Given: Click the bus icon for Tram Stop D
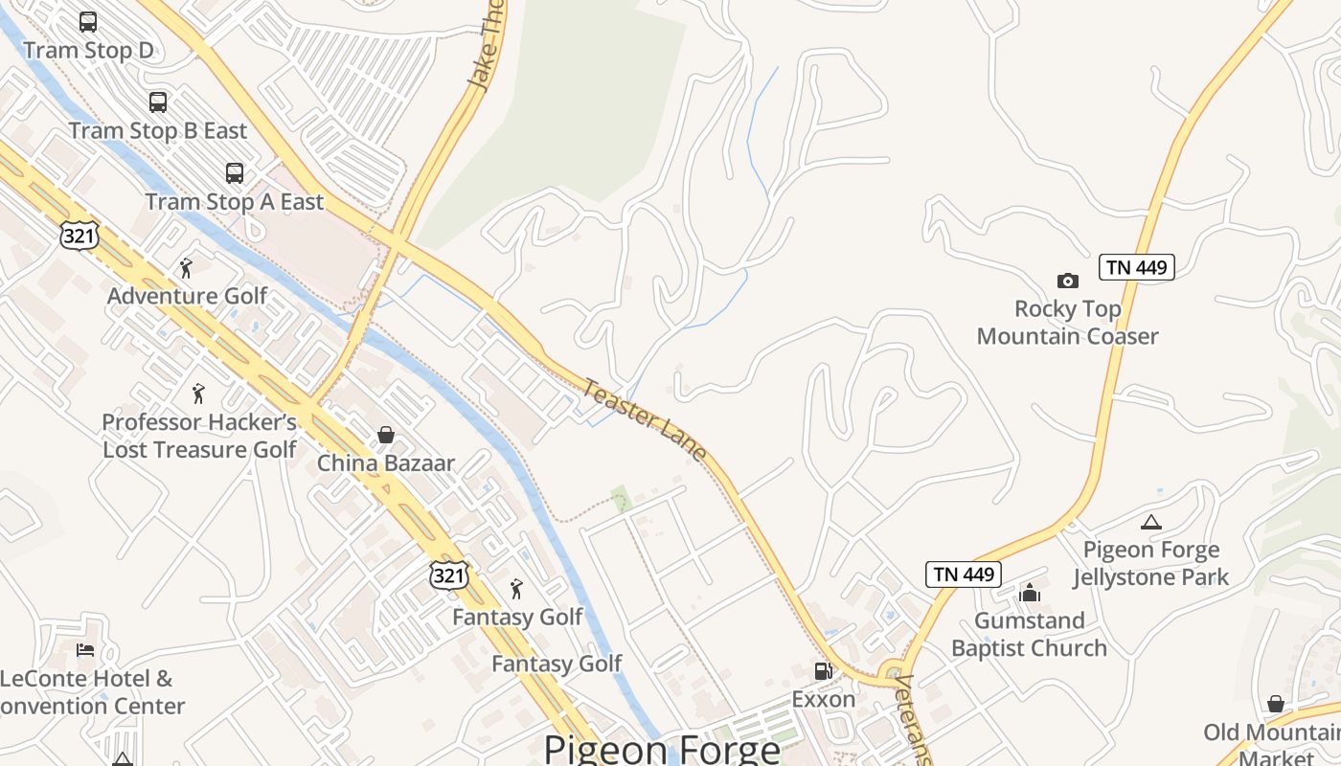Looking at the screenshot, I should tap(88, 21).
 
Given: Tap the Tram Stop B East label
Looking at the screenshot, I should tap(158, 131).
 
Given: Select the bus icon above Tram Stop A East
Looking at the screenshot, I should tap(235, 173).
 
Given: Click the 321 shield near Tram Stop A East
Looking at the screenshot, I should tap(79, 234).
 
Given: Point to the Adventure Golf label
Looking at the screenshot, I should tap(188, 296).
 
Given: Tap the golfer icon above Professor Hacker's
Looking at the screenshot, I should tap(198, 393).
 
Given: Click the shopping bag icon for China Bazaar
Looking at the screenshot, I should tap(386, 436).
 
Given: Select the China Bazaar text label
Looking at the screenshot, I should tap(386, 463).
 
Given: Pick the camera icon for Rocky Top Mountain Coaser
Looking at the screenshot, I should tap(1067, 281).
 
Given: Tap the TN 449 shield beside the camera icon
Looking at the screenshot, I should tap(1136, 267).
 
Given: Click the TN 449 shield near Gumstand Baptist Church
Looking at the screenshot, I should tap(964, 574).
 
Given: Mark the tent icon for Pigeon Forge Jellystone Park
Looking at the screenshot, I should tap(1151, 523).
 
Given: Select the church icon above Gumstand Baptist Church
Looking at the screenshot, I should tap(1030, 593).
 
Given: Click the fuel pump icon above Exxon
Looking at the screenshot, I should tap(823, 671).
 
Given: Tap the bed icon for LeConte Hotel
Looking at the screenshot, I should tap(85, 650).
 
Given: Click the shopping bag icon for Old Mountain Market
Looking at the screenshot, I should tap(1275, 704).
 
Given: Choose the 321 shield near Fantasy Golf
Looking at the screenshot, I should tap(449, 574).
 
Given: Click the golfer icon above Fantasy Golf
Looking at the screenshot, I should tap(517, 588).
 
